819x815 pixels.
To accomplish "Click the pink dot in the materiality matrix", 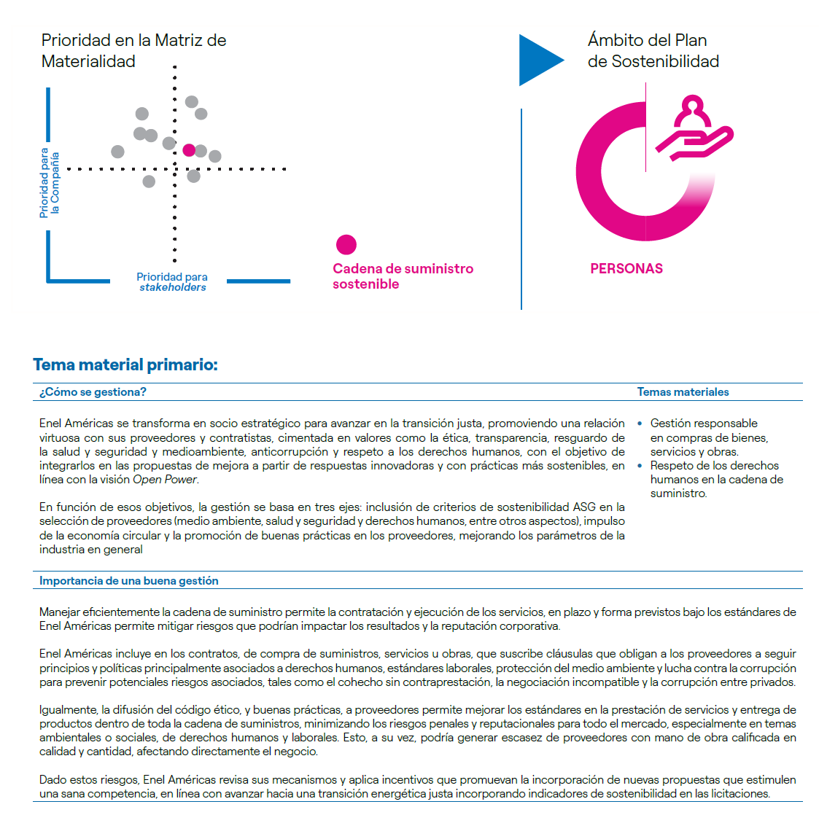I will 189,150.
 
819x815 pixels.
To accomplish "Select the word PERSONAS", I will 626,269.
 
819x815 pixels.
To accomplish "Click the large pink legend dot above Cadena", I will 346,245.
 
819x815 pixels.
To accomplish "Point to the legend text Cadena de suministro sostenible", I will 403,276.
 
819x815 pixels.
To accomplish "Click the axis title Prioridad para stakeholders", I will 172,282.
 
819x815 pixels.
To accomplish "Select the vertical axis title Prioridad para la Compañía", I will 50,183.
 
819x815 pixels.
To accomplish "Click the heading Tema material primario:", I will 125,364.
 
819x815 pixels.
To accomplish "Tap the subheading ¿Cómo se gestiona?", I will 93,392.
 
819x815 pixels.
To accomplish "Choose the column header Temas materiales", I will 683,392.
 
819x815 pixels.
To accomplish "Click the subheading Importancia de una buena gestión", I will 129,581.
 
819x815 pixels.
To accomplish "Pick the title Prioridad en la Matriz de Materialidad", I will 133,50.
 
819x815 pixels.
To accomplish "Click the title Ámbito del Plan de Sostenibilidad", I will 653,50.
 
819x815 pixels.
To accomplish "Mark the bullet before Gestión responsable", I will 640,424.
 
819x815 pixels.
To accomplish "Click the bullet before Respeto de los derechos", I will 640,466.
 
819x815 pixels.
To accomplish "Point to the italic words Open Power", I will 165,480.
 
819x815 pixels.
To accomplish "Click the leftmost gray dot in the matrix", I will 117,152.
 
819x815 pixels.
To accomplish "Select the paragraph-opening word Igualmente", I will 68,710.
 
